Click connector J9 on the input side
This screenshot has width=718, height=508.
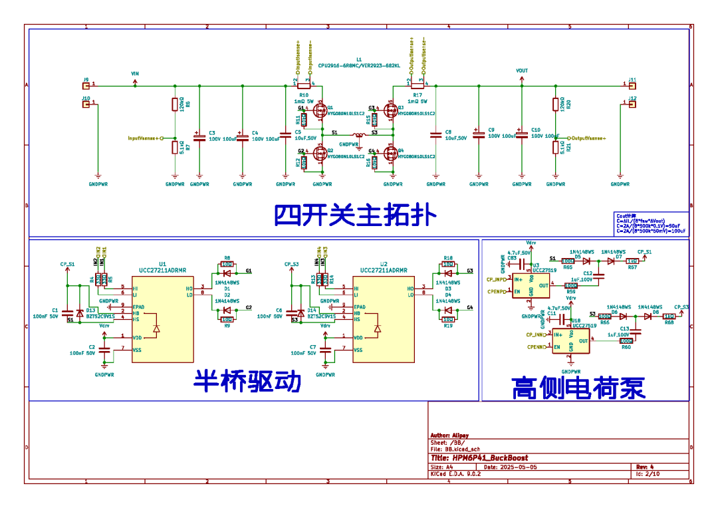[x=85, y=84]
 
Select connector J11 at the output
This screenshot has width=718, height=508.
[x=632, y=84]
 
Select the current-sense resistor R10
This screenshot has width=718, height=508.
[x=304, y=84]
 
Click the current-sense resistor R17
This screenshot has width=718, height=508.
[x=417, y=84]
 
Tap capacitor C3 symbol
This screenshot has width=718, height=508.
[x=199, y=136]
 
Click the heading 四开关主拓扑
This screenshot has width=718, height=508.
[x=355, y=215]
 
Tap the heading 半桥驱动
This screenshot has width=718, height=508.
[x=247, y=382]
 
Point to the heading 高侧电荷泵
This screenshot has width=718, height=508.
[x=578, y=388]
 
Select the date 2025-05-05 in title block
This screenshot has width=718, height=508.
[x=519, y=467]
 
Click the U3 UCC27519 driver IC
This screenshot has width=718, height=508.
[x=531, y=286]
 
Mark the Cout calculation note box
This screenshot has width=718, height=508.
[x=651, y=223]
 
